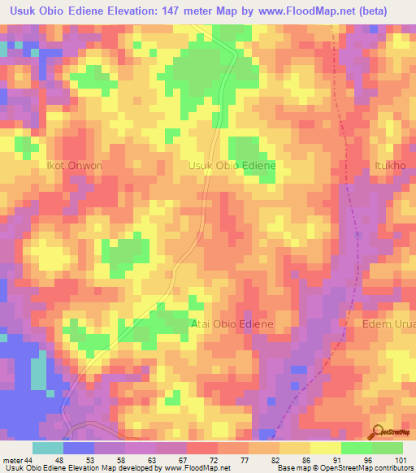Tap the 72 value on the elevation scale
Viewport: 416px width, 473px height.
pyautogui.click(x=214, y=459)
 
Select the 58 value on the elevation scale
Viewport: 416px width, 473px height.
pyautogui.click(x=120, y=459)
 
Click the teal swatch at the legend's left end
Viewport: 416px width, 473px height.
pyautogui.click(x=47, y=448)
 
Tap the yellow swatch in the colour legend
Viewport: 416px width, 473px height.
pyautogui.click(x=325, y=448)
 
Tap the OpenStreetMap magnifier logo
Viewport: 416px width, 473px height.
pyautogui.click(x=376, y=432)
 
